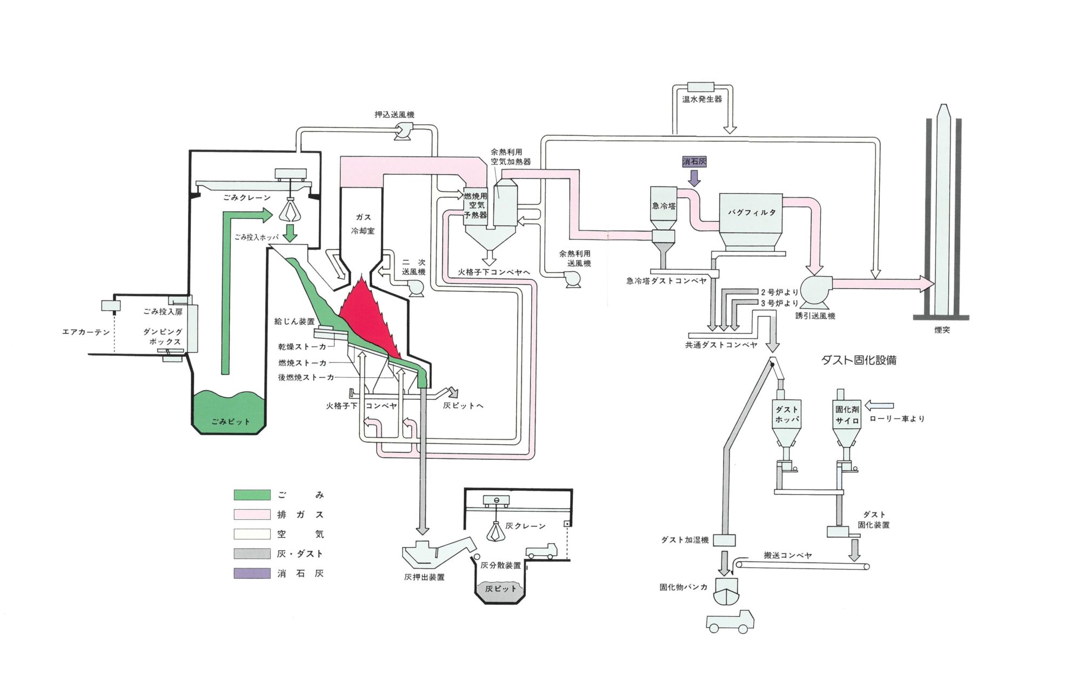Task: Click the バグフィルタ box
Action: pyautogui.click(x=751, y=213)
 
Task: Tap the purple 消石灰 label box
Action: pyautogui.click(x=694, y=162)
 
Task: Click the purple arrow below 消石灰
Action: pyautogui.click(x=694, y=177)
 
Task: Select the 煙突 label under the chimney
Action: pyautogui.click(x=942, y=330)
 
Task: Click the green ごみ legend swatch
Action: pyautogui.click(x=252, y=495)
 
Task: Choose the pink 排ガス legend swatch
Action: pyautogui.click(x=252, y=515)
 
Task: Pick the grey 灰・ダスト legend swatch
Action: pyautogui.click(x=252, y=553)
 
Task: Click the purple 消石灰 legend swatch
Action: pyautogui.click(x=252, y=573)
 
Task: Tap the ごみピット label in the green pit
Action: pyautogui.click(x=230, y=422)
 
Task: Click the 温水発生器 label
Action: pyautogui.click(x=701, y=99)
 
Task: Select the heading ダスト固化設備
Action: pyautogui.click(x=859, y=361)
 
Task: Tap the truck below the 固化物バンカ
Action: pyautogui.click(x=730, y=622)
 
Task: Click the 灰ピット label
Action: pyautogui.click(x=500, y=589)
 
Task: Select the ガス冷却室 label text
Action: pyautogui.click(x=363, y=224)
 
